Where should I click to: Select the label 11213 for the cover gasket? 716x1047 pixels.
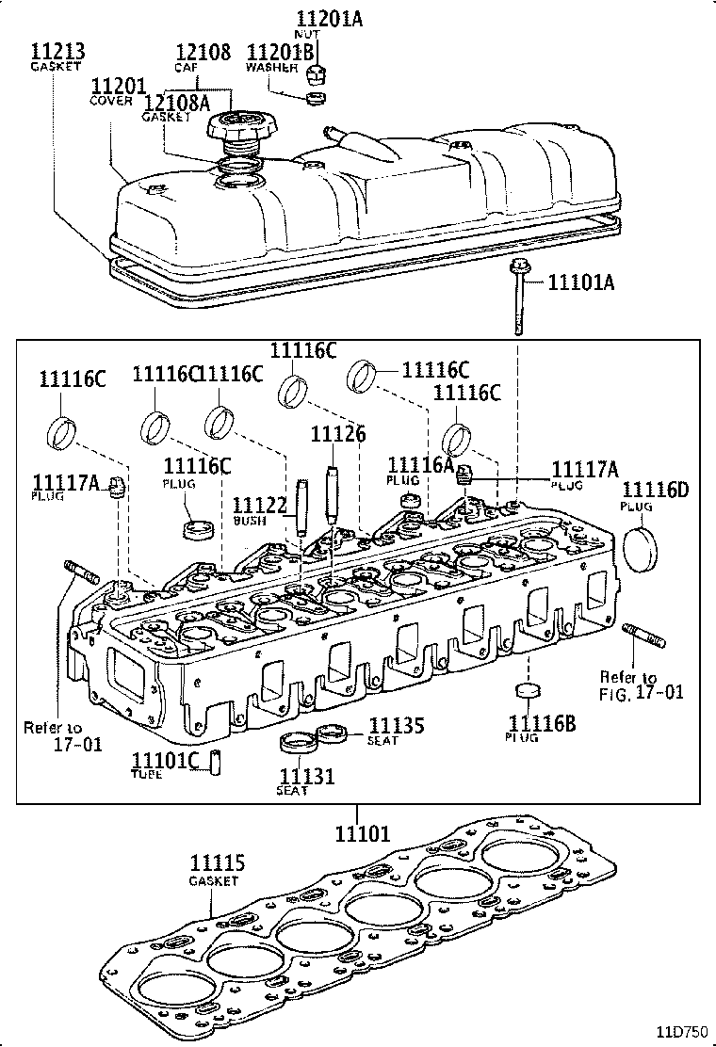point(55,51)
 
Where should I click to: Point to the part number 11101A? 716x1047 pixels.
point(580,281)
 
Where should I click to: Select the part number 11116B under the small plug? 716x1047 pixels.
point(542,722)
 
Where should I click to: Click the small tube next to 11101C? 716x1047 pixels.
point(215,760)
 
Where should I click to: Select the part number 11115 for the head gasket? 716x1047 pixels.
point(218,863)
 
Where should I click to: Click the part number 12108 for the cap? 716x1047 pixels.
point(203,51)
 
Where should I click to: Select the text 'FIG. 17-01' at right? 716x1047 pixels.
point(642,693)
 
